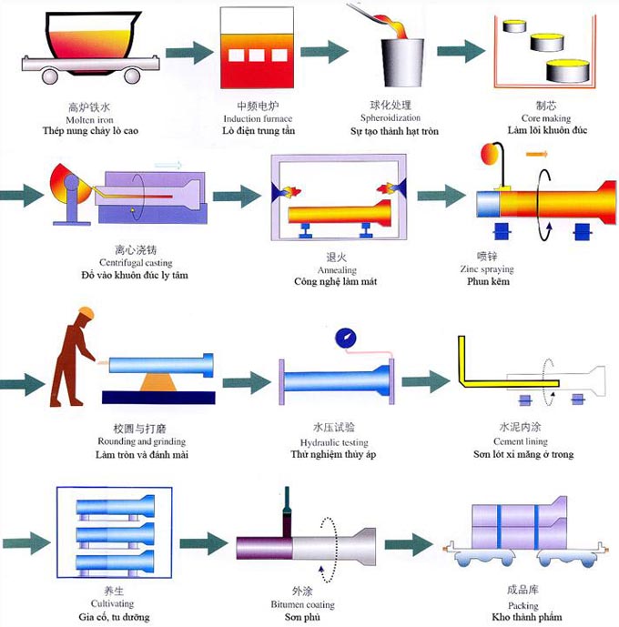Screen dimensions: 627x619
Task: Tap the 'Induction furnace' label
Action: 258,119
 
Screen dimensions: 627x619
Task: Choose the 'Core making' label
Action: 546,118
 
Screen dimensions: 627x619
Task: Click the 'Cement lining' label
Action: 522,440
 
